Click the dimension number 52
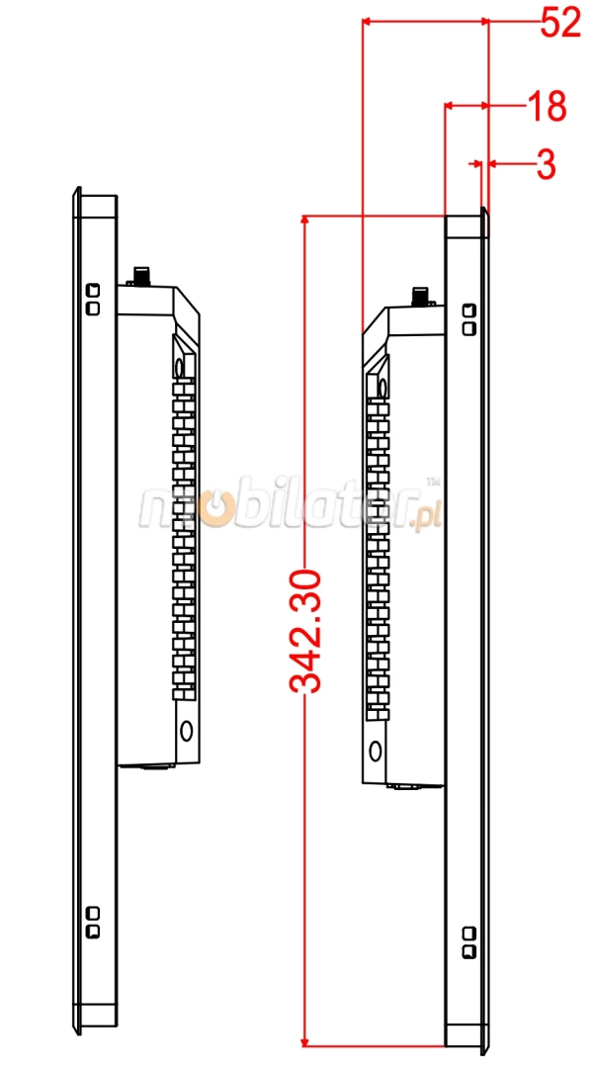click(560, 23)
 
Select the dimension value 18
click(548, 106)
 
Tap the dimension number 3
click(546, 164)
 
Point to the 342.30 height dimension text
click(304, 631)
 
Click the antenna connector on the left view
click(142, 276)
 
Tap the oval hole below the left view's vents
click(186, 730)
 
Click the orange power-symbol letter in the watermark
click(214, 509)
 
